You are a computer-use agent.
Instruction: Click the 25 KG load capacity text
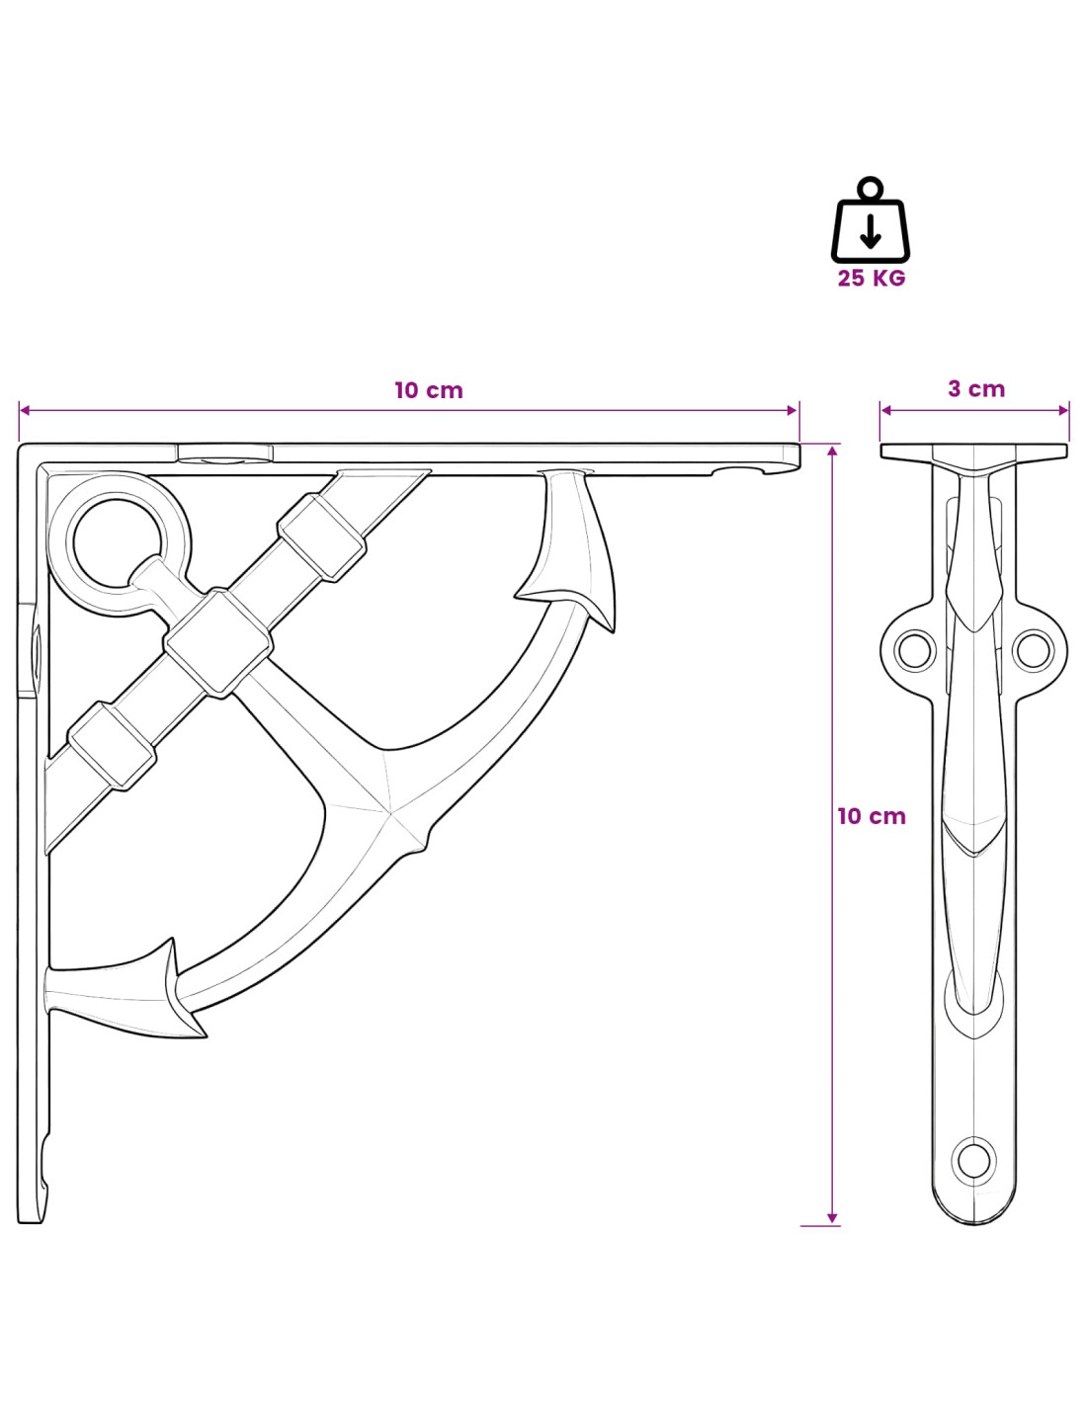coord(871,278)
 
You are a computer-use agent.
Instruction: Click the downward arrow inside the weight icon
coord(871,231)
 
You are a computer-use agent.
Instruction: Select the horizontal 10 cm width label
coord(429,390)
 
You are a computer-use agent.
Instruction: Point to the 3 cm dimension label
coord(976,388)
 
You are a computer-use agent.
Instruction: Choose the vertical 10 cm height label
coord(872,816)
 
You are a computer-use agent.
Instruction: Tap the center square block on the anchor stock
coord(218,642)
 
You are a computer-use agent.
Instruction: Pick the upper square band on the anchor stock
coord(321,537)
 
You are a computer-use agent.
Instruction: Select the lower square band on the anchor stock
coord(113,746)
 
